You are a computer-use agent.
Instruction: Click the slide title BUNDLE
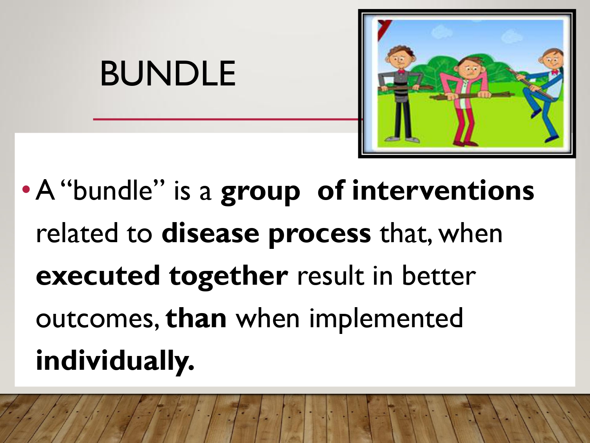[168, 73]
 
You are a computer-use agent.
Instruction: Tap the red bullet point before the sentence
[26, 190]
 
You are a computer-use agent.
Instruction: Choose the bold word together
[229, 277]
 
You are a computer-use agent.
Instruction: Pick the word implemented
[386, 320]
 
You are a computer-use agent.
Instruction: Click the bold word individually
[115, 361]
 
